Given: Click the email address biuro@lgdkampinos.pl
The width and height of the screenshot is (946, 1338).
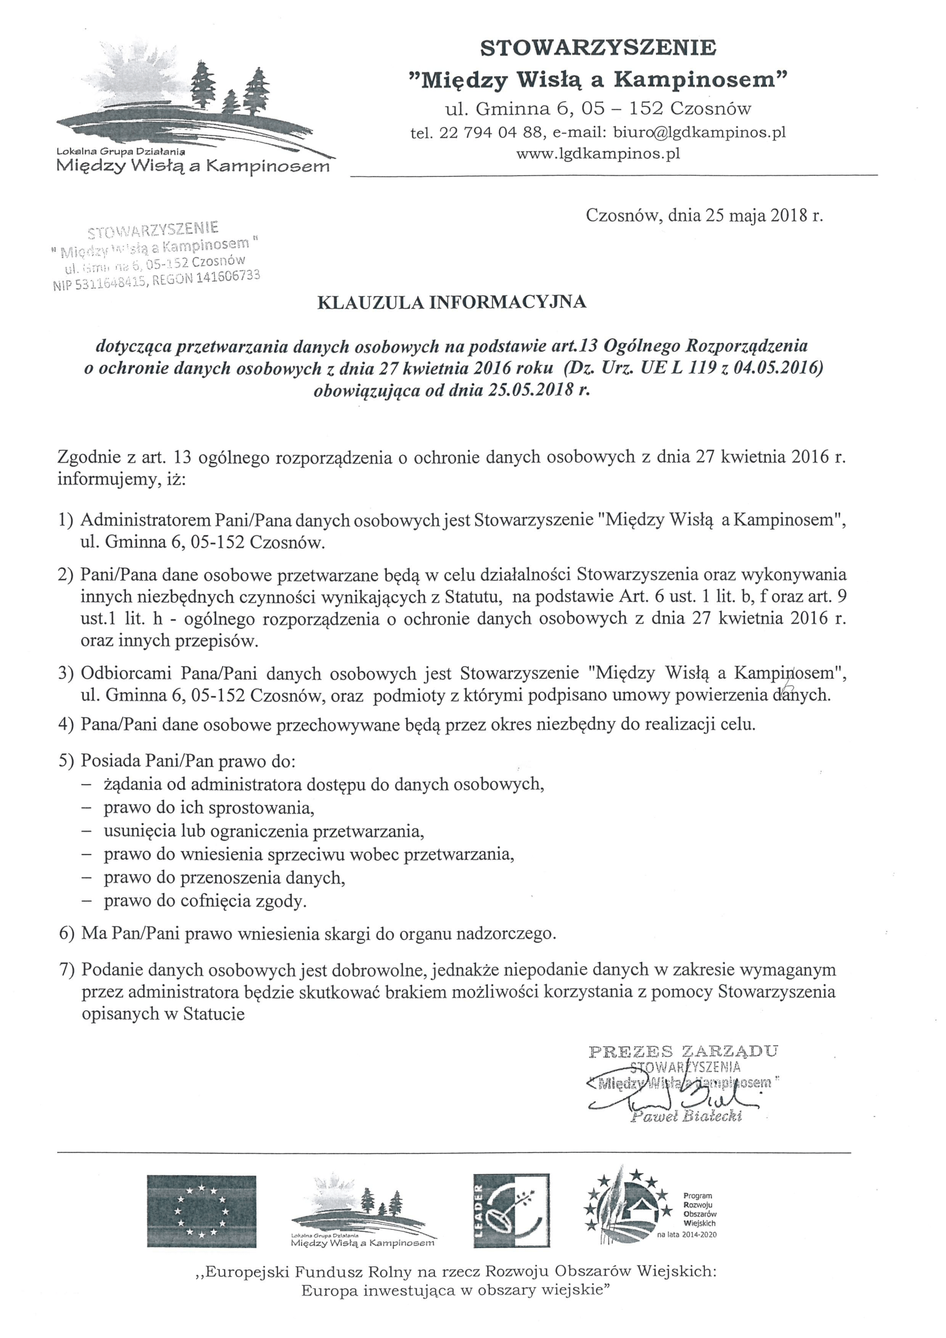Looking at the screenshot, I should [x=700, y=132].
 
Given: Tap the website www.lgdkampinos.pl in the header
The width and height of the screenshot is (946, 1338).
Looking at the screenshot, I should [x=599, y=154].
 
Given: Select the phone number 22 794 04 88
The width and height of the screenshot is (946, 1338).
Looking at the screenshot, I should [x=491, y=133].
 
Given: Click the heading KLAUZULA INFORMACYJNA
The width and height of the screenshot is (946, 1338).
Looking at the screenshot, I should [x=452, y=302].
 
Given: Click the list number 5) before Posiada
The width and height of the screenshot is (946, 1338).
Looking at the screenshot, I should [x=66, y=761].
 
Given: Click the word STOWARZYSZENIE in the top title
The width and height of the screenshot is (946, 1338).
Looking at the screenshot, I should [x=598, y=48].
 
